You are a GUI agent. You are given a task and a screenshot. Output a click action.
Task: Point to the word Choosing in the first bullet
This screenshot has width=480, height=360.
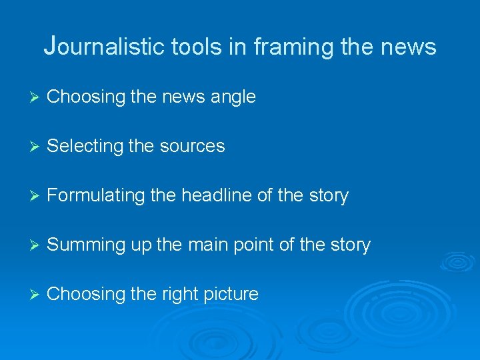87,97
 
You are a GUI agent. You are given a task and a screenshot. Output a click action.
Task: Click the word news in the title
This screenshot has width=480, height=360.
410,47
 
